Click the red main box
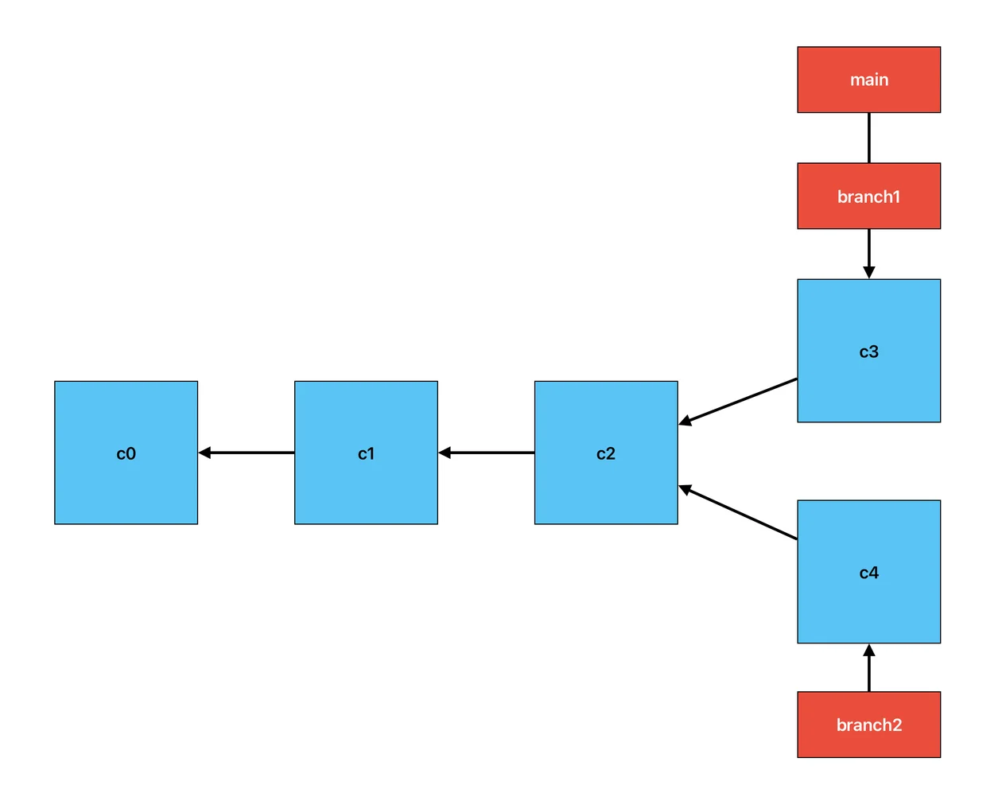pyautogui.click(x=868, y=80)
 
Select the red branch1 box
pyautogui.click(x=868, y=196)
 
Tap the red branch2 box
pyautogui.click(x=868, y=725)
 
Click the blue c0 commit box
pyautogui.click(x=126, y=453)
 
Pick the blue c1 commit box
pyautogui.click(x=366, y=453)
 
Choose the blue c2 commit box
pyautogui.click(x=606, y=453)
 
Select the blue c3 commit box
pyautogui.click(x=868, y=351)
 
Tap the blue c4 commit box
pyautogui.click(x=868, y=572)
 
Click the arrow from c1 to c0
pyautogui.click(x=247, y=453)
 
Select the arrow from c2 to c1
pyautogui.click(x=486, y=453)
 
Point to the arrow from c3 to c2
pyautogui.click(x=737, y=402)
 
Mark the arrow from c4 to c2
pyautogui.click(x=737, y=512)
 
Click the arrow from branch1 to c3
pyautogui.click(x=869, y=254)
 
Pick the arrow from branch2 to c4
pyautogui.click(x=869, y=668)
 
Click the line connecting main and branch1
pyautogui.click(x=869, y=138)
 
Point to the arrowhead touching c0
pyautogui.click(x=204, y=453)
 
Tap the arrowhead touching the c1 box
pyautogui.click(x=445, y=453)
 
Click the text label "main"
pyautogui.click(x=869, y=80)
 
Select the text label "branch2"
pyautogui.click(x=869, y=725)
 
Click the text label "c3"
pyautogui.click(x=869, y=352)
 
